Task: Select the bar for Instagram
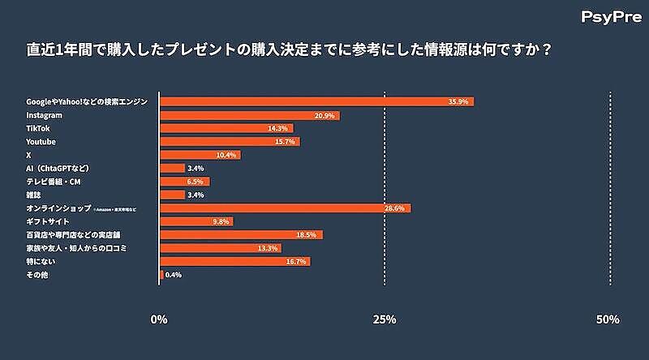point(249,115)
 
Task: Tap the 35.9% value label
point(459,102)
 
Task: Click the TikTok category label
point(38,128)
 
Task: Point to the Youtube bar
point(230,142)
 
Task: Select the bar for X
point(200,155)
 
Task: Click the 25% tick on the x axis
point(385,319)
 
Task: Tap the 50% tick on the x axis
point(608,319)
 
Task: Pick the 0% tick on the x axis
point(160,319)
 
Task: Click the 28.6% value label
point(395,208)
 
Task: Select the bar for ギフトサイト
point(196,221)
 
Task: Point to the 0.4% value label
point(173,275)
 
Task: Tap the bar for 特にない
point(234,261)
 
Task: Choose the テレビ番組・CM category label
point(54,182)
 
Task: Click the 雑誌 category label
point(34,195)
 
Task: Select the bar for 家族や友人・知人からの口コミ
point(220,248)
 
